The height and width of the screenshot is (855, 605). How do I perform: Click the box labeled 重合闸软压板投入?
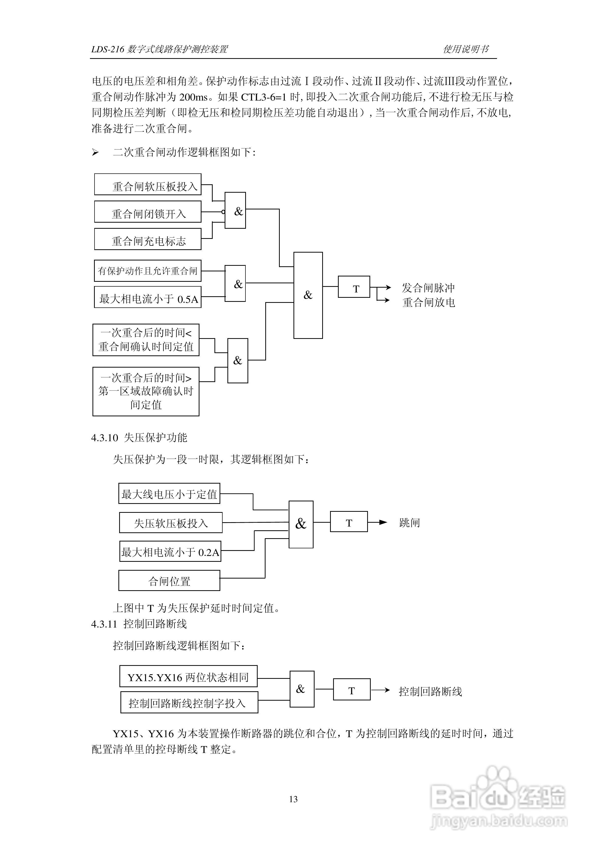[148, 184]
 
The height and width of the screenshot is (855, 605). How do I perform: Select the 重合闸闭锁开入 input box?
[148, 212]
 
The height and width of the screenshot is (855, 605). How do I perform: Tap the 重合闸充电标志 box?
[148, 239]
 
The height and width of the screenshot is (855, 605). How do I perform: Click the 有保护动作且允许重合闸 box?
[148, 271]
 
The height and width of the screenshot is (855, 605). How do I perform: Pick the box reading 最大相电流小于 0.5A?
[148, 297]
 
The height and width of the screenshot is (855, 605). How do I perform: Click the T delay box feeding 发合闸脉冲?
[354, 287]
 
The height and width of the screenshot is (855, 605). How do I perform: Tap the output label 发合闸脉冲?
[428, 288]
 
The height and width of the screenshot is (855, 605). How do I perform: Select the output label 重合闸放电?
[429, 302]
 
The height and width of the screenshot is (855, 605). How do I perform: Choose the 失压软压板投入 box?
[171, 522]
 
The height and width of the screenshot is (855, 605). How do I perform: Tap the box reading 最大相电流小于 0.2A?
[170, 551]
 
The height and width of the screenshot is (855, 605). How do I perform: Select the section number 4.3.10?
[104, 438]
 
